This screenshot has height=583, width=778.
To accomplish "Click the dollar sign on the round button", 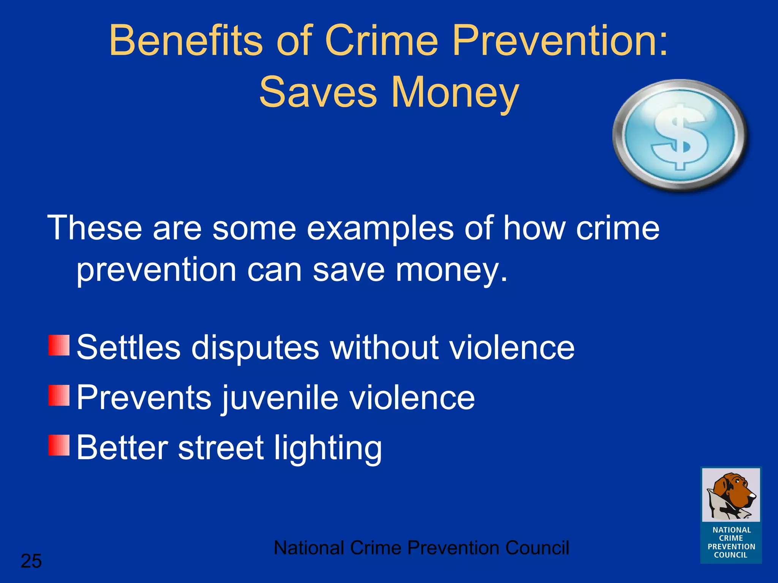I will coord(680,137).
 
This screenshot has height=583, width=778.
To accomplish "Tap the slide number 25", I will coord(31,561).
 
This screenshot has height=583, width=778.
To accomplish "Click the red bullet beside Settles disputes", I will coord(59,345).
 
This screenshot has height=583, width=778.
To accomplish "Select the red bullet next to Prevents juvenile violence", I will coord(59,395).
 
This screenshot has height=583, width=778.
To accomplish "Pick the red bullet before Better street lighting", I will coord(59,445).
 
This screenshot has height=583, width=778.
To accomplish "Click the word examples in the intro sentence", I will coord(380,229).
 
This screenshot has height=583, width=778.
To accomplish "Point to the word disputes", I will coord(255,348).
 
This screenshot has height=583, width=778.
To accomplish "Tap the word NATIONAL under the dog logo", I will coord(732,530).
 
